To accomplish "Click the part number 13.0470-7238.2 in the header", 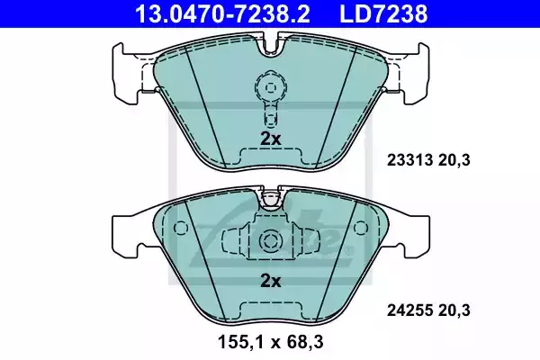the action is [x=223, y=13].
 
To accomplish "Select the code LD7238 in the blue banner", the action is [x=383, y=13].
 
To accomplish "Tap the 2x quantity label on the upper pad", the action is [x=271, y=139].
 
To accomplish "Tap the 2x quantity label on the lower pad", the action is [x=271, y=281].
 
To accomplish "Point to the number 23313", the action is [x=409, y=160].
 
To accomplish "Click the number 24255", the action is [x=409, y=310].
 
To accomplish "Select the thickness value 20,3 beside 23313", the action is [x=454, y=160].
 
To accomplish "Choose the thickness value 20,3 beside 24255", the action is [x=454, y=310].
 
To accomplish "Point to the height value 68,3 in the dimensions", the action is [x=307, y=342].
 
